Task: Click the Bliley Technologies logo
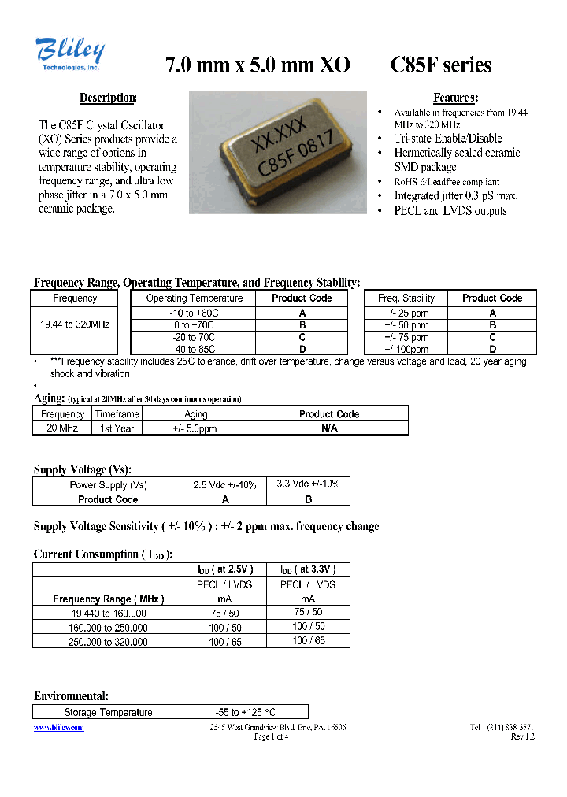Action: [69, 55]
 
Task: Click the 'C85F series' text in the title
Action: [441, 65]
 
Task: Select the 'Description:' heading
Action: [108, 98]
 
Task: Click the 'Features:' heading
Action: [455, 98]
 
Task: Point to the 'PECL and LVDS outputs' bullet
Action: [450, 211]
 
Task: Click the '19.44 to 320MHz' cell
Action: [75, 324]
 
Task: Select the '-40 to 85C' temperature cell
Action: [195, 349]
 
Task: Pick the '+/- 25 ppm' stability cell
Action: [406, 313]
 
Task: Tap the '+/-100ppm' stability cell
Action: [406, 349]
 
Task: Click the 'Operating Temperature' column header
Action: [195, 298]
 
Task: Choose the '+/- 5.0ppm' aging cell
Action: [195, 428]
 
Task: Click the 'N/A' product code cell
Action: [329, 428]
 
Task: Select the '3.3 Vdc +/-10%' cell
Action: [308, 484]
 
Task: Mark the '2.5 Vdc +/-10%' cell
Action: [224, 485]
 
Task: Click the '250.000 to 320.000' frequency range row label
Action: [108, 642]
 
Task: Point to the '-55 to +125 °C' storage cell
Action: [245, 712]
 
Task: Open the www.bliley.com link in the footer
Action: [59, 727]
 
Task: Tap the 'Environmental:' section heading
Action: [71, 696]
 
